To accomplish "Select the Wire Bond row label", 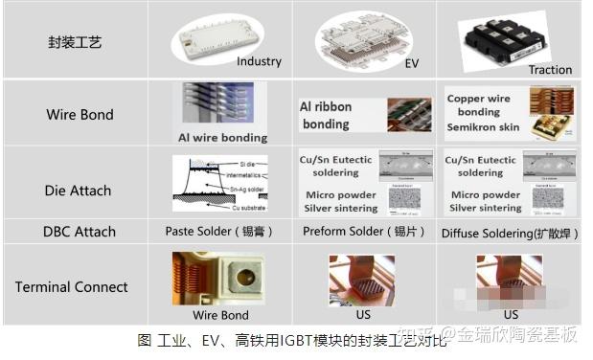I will pos(80,115).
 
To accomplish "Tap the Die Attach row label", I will pos(78,191).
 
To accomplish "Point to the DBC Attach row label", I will pos(80,232).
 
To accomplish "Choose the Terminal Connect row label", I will pos(71,286).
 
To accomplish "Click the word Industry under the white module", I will pos(259,61).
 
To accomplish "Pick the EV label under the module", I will pos(411,64).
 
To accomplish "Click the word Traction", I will pos(550,70).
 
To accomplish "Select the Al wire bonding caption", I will pos(222,138).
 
